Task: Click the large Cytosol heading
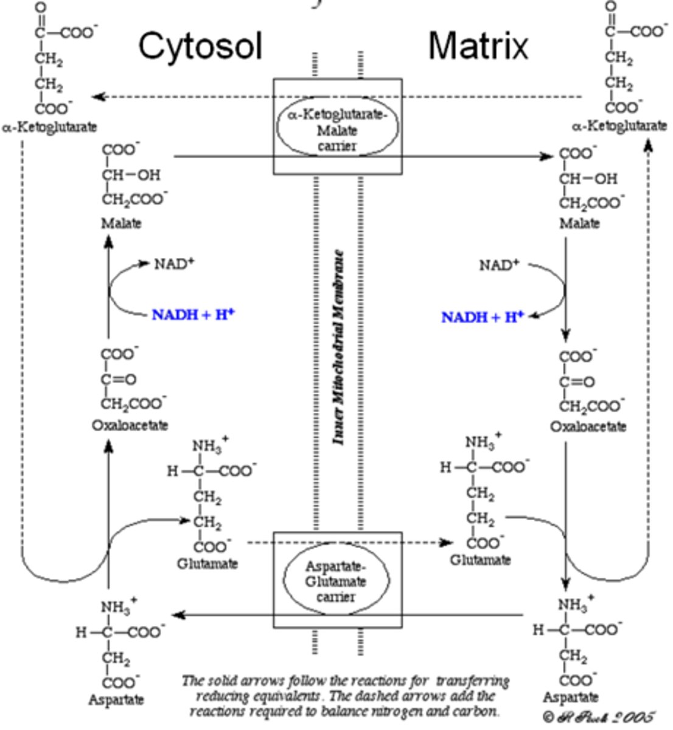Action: point(200,46)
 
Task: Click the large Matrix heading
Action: point(478,46)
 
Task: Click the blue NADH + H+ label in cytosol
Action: point(193,315)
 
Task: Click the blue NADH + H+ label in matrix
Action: point(482,317)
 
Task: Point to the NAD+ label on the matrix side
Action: point(499,265)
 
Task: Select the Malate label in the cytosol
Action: point(121,223)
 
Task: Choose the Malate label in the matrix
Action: point(579,223)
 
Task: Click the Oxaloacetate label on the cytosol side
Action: point(130,425)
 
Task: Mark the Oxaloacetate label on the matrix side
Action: point(588,426)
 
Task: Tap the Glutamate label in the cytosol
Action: point(207,564)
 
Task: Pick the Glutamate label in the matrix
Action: point(480,560)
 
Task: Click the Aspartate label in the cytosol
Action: point(116,700)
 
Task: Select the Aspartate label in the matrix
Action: point(570,697)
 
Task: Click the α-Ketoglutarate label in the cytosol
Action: point(49,128)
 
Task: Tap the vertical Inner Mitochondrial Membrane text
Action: point(339,347)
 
